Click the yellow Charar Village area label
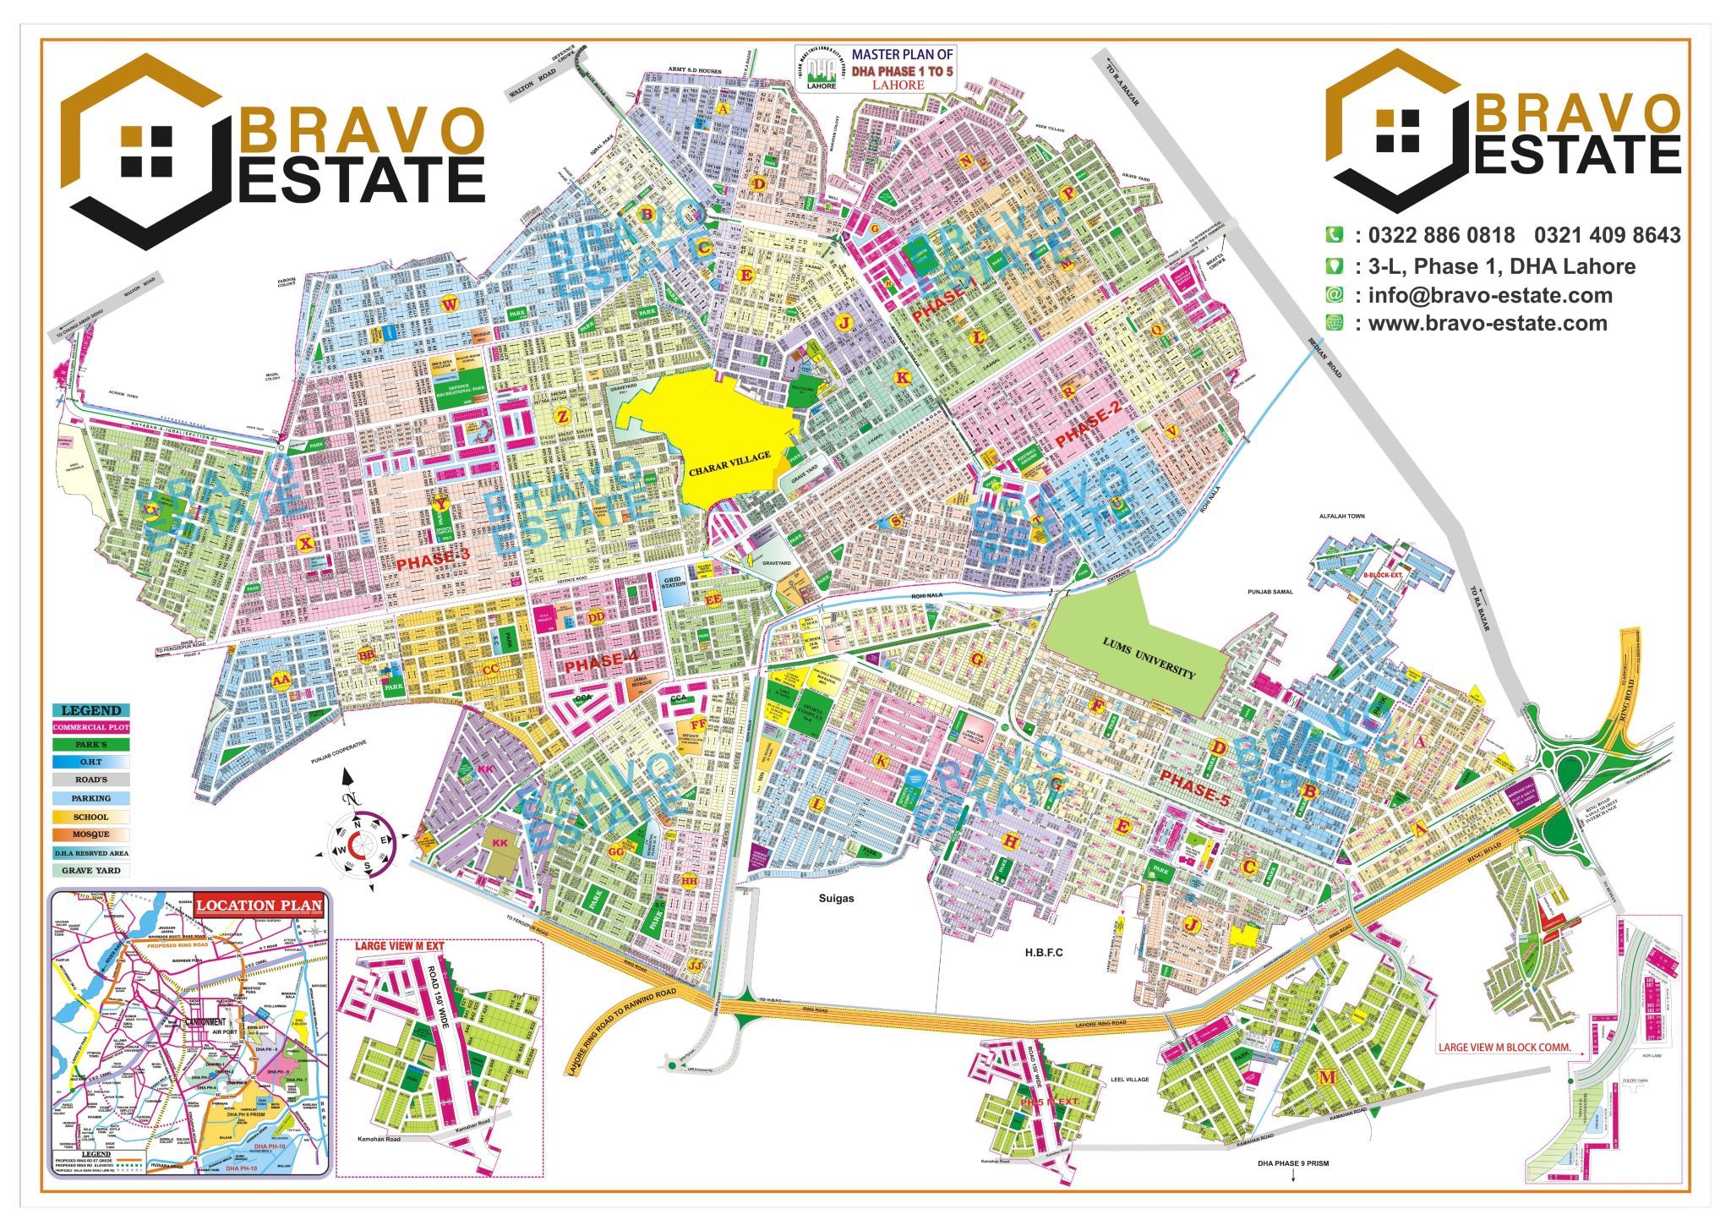[x=729, y=463]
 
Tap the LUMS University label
[x=1149, y=659]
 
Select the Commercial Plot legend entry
[x=91, y=727]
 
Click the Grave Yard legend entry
[x=91, y=870]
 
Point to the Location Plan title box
[x=259, y=905]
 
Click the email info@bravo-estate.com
[x=1490, y=295]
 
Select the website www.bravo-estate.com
[x=1488, y=323]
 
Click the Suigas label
[x=836, y=898]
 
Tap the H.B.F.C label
[x=1044, y=952]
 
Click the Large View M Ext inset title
[x=399, y=945]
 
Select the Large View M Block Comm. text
[x=1504, y=1047]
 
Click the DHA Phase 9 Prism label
[x=1292, y=1163]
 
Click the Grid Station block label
[x=674, y=583]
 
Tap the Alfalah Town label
[x=1342, y=516]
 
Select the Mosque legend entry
[x=91, y=834]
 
